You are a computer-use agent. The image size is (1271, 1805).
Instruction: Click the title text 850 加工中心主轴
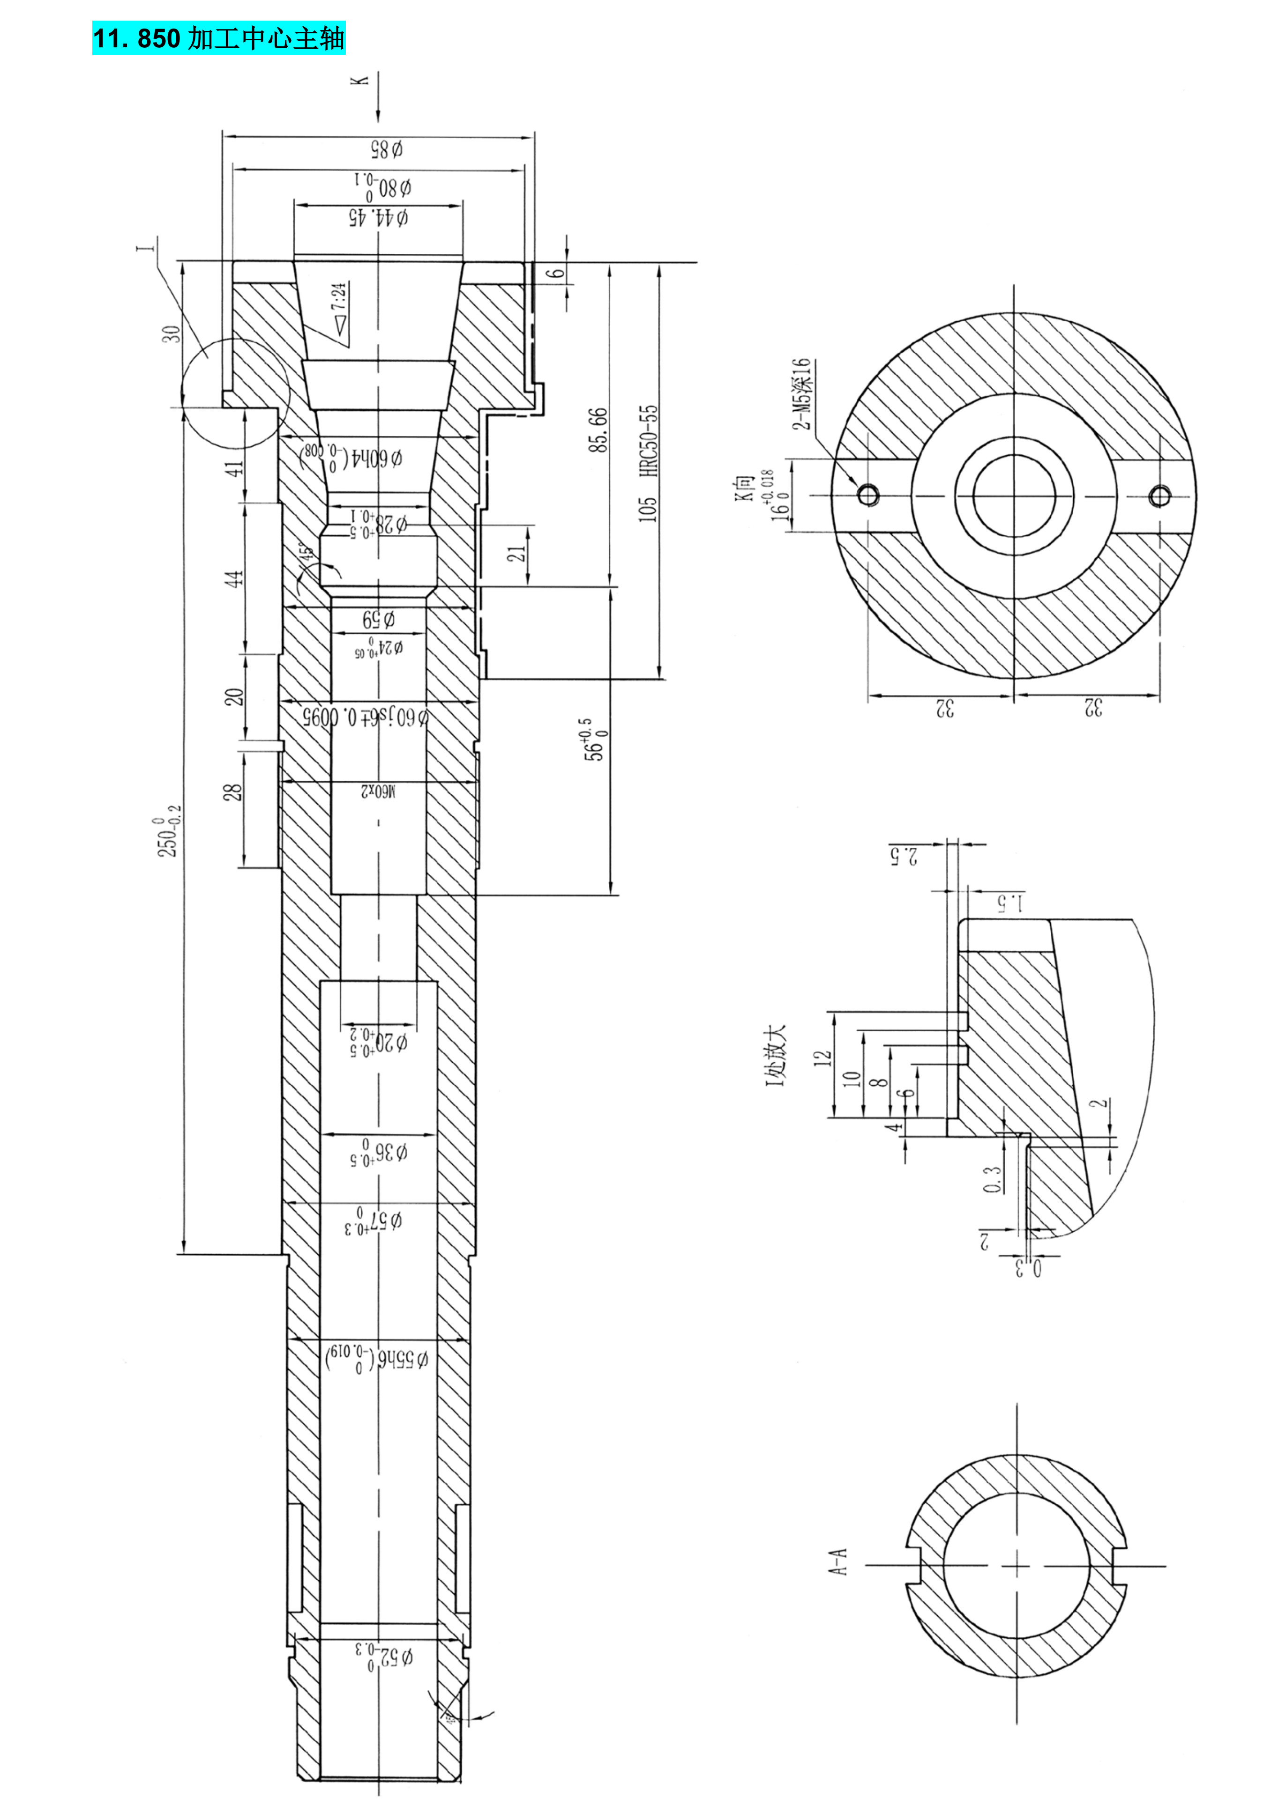(x=219, y=38)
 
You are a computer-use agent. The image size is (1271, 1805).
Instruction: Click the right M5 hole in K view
(x=1159, y=496)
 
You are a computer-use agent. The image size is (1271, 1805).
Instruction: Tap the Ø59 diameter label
(x=378, y=620)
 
